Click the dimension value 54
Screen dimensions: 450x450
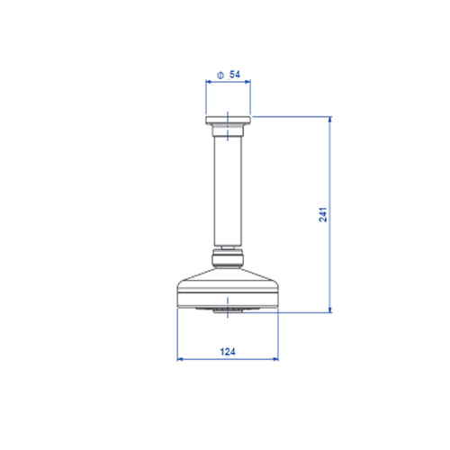pyautogui.click(x=235, y=75)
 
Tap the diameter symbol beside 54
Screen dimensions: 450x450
pyautogui.click(x=220, y=76)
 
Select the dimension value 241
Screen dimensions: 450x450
pyautogui.click(x=323, y=214)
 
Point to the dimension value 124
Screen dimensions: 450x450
pyautogui.click(x=228, y=352)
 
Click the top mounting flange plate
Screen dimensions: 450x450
pyautogui.click(x=229, y=120)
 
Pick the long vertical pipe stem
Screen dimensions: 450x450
pyautogui.click(x=228, y=191)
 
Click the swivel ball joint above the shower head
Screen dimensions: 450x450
pyautogui.click(x=228, y=258)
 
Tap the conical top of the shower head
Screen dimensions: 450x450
pyautogui.click(x=228, y=275)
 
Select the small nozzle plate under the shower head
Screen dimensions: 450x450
pyautogui.click(x=228, y=310)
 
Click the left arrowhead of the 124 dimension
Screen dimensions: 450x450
pyautogui.click(x=180, y=359)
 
